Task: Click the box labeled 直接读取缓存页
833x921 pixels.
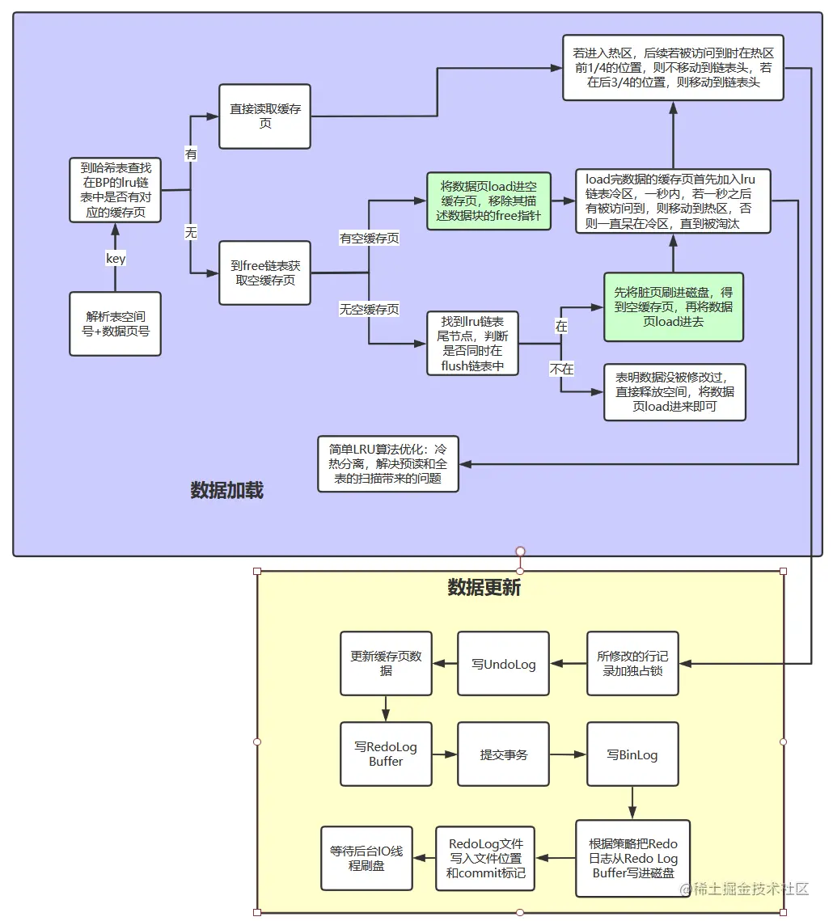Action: click(x=264, y=116)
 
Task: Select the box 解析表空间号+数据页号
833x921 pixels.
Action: click(x=115, y=323)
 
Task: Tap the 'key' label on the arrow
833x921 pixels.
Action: click(x=116, y=258)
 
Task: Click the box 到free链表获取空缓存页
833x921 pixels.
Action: click(x=264, y=272)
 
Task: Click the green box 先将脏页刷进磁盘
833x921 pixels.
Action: click(x=673, y=306)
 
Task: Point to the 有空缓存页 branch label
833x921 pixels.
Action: click(x=368, y=239)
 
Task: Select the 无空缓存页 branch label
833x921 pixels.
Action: click(x=368, y=309)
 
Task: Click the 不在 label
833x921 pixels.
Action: click(x=561, y=369)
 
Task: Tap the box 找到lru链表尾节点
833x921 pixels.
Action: click(x=472, y=344)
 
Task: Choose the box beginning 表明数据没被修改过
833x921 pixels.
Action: click(x=674, y=392)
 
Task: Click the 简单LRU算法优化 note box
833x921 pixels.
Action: click(x=388, y=464)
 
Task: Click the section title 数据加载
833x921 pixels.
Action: click(x=226, y=491)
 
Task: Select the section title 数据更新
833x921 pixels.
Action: click(x=484, y=588)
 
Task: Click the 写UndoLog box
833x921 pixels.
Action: click(x=503, y=664)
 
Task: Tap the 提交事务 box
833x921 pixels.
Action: click(x=503, y=754)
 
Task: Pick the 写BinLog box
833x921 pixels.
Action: click(x=632, y=754)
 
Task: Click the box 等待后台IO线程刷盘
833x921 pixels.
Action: click(x=366, y=858)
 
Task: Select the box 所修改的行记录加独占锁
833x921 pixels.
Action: click(x=632, y=664)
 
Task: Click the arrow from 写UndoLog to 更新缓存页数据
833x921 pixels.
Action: click(x=445, y=664)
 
